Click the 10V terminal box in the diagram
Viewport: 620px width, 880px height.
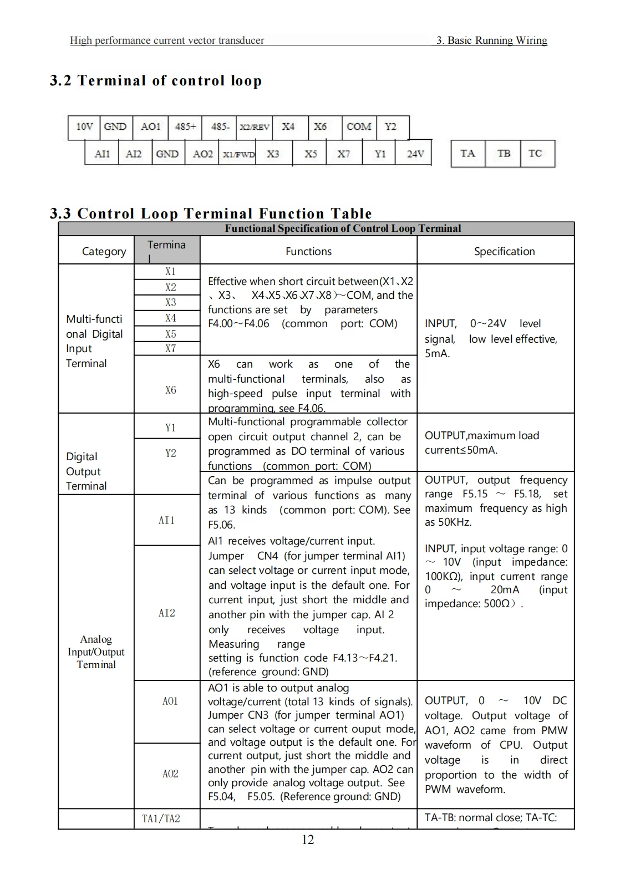pos(84,126)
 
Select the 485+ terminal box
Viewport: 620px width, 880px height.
pos(185,126)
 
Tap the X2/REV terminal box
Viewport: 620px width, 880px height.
pos(255,126)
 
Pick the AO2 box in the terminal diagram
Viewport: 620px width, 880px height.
pos(202,154)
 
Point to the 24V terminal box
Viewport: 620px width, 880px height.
pos(415,154)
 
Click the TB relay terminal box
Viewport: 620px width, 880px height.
pos(504,154)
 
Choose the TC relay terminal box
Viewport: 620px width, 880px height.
pos(535,154)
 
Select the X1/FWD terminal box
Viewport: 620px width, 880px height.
pos(238,154)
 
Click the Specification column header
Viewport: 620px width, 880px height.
pos(504,251)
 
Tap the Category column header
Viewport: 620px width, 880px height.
pos(104,251)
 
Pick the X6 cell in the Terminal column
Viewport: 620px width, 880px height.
pos(170,390)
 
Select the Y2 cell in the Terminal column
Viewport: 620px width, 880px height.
pos(170,453)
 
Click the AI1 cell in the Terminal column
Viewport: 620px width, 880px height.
pos(166,520)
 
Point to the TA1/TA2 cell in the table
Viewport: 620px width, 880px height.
pos(161,818)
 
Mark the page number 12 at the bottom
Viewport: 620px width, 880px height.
pos(308,840)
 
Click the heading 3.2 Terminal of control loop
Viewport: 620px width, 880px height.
pos(156,81)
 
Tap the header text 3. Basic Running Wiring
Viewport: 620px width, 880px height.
pos(491,40)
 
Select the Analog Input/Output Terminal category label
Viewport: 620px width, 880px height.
pos(96,652)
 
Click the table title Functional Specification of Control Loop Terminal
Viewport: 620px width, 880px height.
pos(343,228)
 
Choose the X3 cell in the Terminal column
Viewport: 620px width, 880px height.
pos(170,302)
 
